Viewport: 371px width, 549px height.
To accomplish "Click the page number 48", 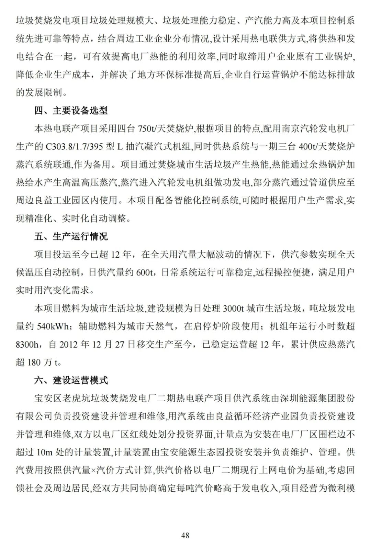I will pos(185,535).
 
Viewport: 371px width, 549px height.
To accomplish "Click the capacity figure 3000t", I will pos(233,309).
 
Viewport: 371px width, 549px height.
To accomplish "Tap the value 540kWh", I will pos(53,326).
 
